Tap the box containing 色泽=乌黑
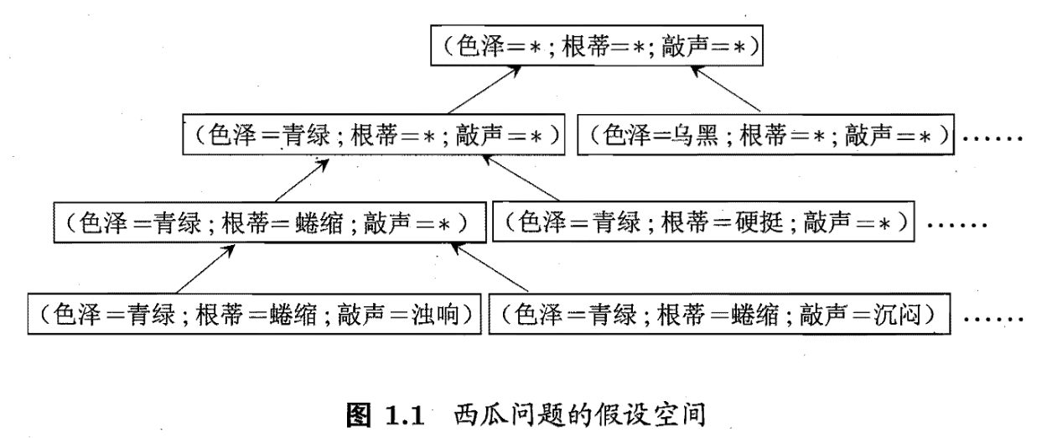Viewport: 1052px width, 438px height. pyautogui.click(x=767, y=134)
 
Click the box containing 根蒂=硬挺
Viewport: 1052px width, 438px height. pyautogui.click(x=703, y=222)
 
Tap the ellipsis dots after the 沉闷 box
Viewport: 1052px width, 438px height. pyautogui.click(x=993, y=318)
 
